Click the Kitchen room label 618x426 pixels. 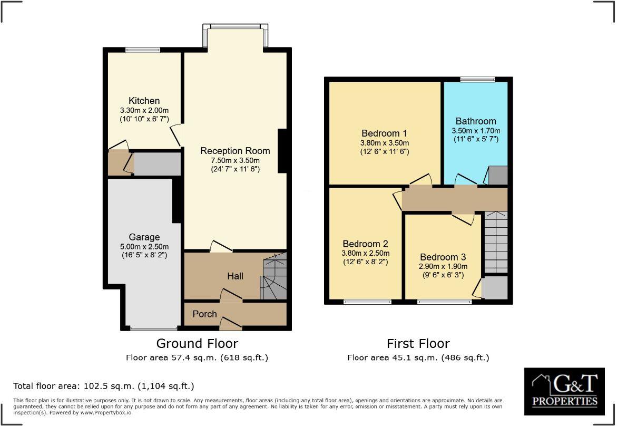pyautogui.click(x=144, y=101)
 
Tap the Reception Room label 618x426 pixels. pyautogui.click(x=235, y=151)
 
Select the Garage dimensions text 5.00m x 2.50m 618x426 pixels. pyautogui.click(x=144, y=247)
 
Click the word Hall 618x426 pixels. pyautogui.click(x=235, y=276)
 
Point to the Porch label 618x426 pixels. pyautogui.click(x=205, y=314)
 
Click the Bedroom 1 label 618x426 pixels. pyautogui.click(x=384, y=133)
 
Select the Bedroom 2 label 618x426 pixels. pyautogui.click(x=365, y=244)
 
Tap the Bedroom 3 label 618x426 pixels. pyautogui.click(x=443, y=257)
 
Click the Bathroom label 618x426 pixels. pyautogui.click(x=476, y=121)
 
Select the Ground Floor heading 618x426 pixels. pyautogui.click(x=197, y=344)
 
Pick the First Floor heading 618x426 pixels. pyautogui.click(x=418, y=344)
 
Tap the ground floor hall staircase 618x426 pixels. pyautogui.click(x=273, y=277)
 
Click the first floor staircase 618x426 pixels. pyautogui.click(x=495, y=242)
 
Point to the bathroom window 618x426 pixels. pyautogui.click(x=477, y=80)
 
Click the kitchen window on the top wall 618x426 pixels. pyautogui.click(x=143, y=50)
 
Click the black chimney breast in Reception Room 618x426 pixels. pyautogui.click(x=282, y=151)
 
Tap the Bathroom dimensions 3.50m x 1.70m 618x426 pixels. pyautogui.click(x=476, y=131)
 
